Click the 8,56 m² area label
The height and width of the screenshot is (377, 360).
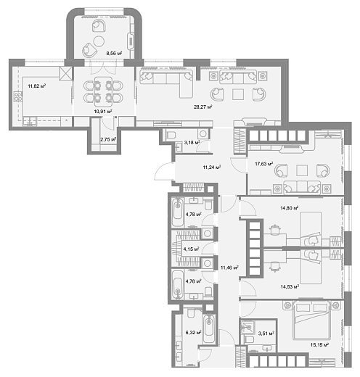114,53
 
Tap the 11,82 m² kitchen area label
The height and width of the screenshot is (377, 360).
37,86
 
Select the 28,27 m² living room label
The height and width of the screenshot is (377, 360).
203,107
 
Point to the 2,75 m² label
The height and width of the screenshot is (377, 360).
108,139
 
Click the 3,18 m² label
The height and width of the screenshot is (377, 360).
192,143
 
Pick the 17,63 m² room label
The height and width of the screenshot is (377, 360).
264,164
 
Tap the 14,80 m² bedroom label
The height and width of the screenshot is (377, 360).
290,208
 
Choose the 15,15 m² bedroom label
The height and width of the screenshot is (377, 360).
319,345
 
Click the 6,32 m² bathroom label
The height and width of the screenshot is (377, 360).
193,333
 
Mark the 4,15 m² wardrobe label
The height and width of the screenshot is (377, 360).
191,249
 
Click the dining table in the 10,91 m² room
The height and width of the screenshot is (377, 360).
103,92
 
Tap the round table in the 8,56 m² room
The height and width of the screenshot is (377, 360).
99,41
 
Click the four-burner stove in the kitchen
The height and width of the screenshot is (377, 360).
18,96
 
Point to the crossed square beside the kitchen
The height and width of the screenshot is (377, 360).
65,73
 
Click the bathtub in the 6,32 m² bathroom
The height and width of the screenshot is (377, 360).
209,328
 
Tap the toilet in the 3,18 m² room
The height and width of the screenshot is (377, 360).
171,135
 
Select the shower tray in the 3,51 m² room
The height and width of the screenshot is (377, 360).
247,328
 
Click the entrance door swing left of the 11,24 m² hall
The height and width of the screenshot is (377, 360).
164,171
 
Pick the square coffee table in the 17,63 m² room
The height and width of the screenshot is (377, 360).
302,170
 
